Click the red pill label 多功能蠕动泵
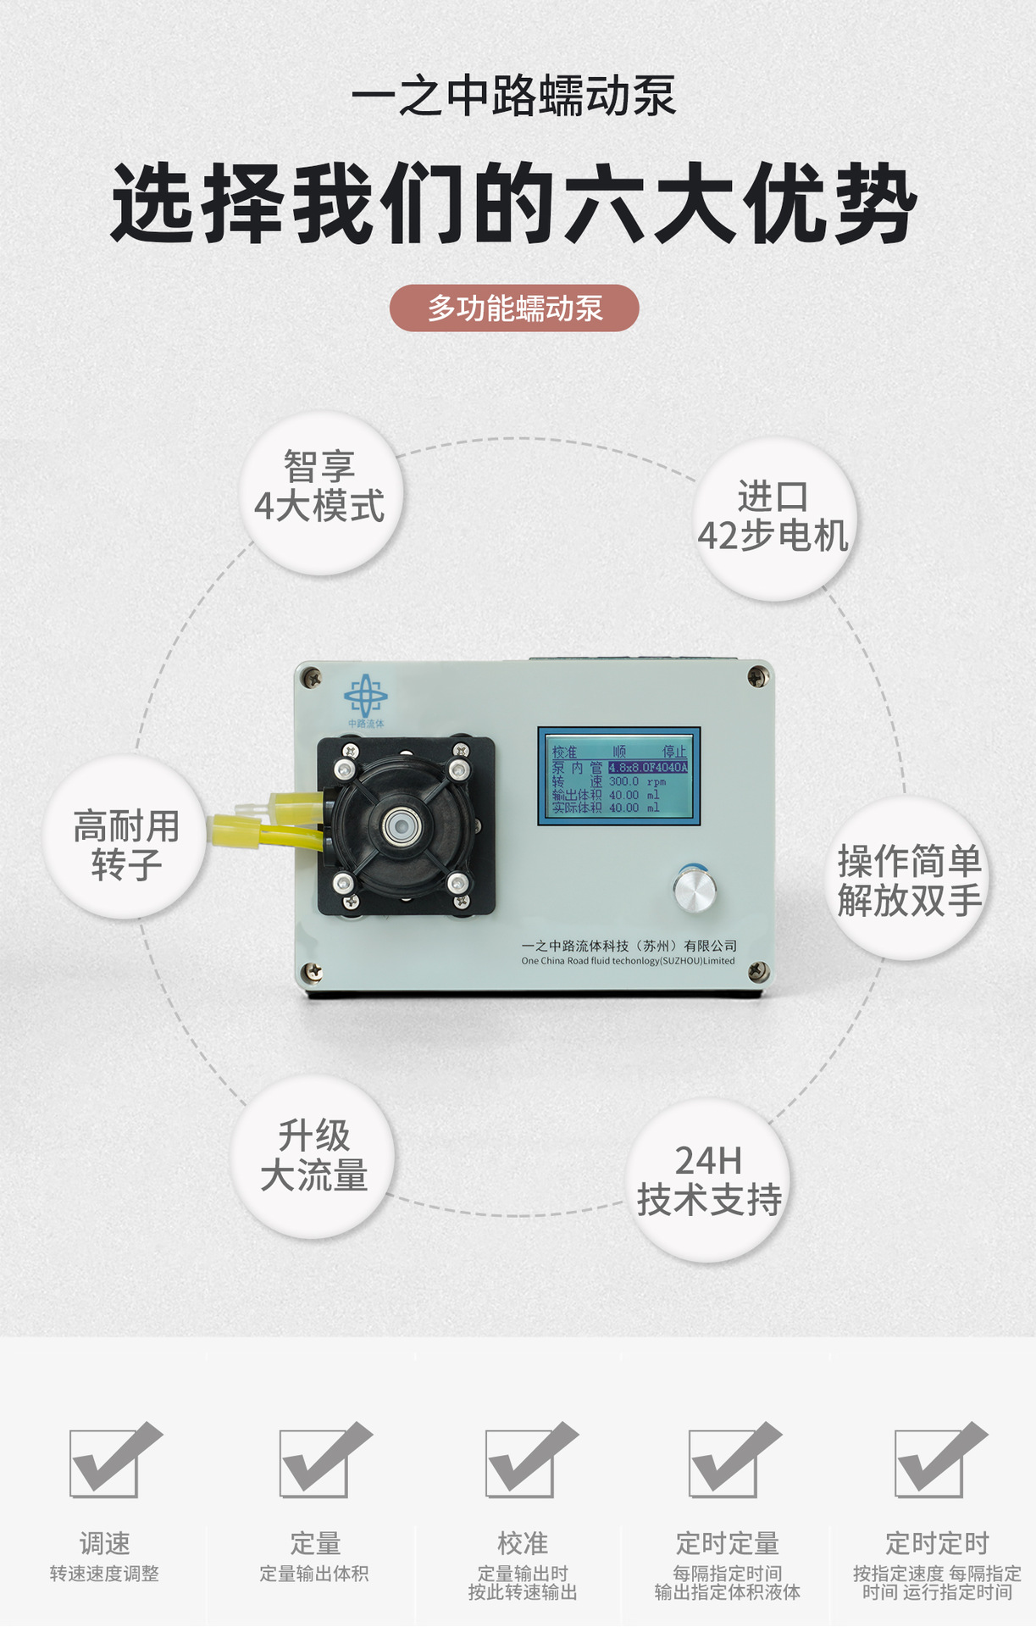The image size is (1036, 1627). click(513, 308)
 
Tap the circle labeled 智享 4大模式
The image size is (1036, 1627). click(320, 492)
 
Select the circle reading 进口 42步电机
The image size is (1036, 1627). click(774, 519)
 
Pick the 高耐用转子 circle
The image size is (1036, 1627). click(125, 837)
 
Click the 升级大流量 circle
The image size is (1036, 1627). click(313, 1156)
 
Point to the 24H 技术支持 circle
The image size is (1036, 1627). click(709, 1180)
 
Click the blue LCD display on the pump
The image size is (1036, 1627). click(619, 775)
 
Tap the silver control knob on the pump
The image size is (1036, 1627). click(695, 889)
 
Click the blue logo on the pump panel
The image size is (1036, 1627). click(365, 697)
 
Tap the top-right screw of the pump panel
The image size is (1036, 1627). click(757, 676)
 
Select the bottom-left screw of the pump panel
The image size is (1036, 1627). click(312, 972)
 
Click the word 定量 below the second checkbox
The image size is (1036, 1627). click(315, 1543)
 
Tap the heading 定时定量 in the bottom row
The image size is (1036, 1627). click(727, 1543)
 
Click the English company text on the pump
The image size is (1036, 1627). click(628, 961)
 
